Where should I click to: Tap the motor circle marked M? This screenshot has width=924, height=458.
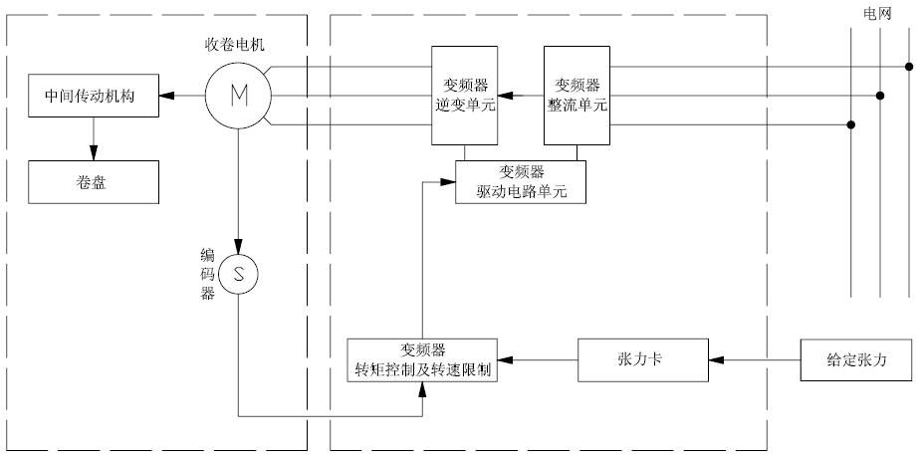pos(238,96)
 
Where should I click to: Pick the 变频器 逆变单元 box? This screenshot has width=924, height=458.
pos(463,96)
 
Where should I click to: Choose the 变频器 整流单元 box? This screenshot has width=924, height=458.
pos(576,96)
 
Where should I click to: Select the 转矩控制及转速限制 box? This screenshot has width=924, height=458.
pos(422,360)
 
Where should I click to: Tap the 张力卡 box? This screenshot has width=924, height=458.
pos(642,359)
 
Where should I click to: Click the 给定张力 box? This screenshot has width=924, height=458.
pos(856,359)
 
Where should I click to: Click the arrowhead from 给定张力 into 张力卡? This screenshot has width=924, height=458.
pos(715,359)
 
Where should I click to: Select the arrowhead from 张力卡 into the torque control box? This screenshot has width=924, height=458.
pos(506,359)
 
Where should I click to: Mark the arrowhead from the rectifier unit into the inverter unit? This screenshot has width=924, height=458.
pos(505,96)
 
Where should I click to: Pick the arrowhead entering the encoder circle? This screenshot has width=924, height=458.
pos(238,248)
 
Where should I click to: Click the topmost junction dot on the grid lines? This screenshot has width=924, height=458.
pos(909,68)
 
